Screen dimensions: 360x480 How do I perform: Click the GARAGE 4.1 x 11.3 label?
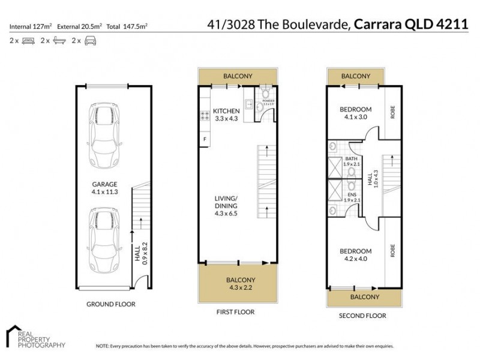click(104, 188)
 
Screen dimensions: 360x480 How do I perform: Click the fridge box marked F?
click(205, 140)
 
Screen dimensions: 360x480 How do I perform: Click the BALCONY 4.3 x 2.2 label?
click(240, 284)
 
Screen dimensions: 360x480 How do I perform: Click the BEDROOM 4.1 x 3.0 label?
click(355, 113)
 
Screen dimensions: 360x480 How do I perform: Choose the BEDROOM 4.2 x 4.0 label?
click(355, 254)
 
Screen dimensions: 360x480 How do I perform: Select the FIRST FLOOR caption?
click(235, 312)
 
